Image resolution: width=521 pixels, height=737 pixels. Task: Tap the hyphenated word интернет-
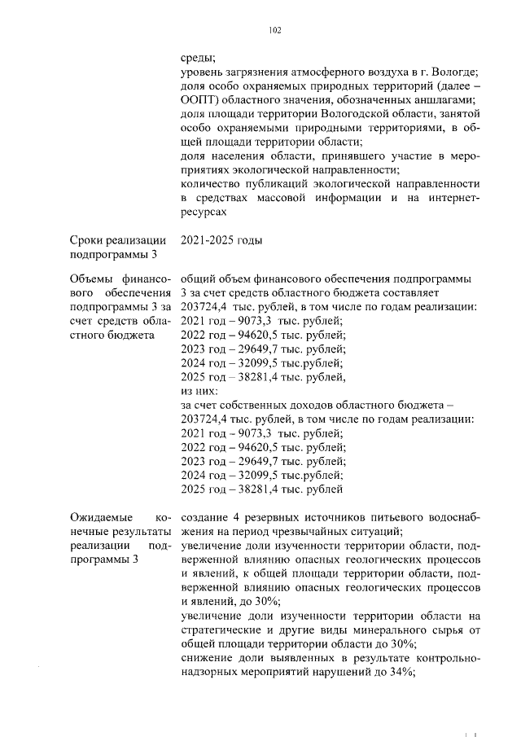point(452,198)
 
